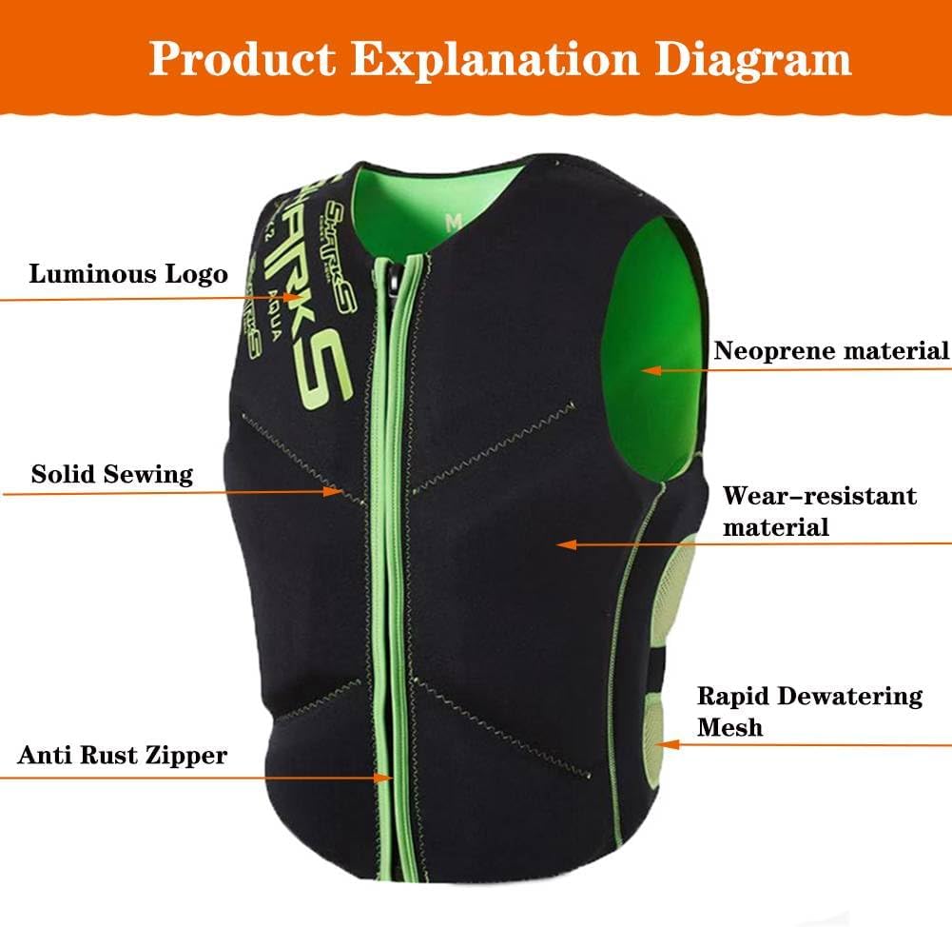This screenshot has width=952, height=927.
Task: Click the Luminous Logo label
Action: tap(128, 275)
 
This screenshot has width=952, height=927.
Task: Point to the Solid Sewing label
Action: tap(112, 473)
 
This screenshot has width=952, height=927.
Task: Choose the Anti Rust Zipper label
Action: tap(123, 756)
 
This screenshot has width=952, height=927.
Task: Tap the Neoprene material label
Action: tap(831, 350)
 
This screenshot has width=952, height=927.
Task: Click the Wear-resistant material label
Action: tap(820, 511)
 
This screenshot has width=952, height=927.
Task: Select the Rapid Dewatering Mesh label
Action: tap(809, 711)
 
